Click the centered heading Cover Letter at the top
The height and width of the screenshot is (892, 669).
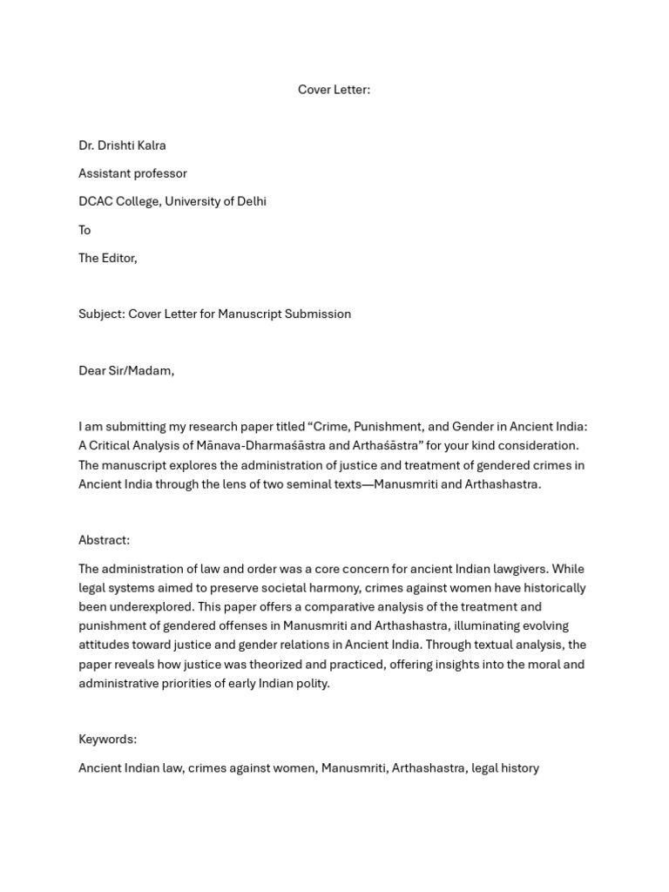pyautogui.click(x=334, y=90)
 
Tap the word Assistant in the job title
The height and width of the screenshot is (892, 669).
pyautogui.click(x=105, y=173)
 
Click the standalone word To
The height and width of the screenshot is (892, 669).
pyautogui.click(x=84, y=230)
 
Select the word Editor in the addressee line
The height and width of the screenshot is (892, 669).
pyautogui.click(x=119, y=258)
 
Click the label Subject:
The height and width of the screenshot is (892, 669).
pyautogui.click(x=101, y=314)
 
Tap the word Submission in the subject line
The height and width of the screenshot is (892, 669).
pyautogui.click(x=317, y=314)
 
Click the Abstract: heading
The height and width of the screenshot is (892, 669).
pyautogui.click(x=104, y=540)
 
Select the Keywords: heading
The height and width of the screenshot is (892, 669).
pyautogui.click(x=107, y=740)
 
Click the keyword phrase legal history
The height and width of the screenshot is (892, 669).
pyautogui.click(x=505, y=768)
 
